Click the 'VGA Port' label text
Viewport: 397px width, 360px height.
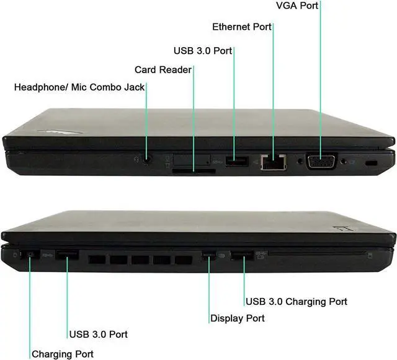[297, 6]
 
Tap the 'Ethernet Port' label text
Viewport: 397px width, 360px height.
[242, 27]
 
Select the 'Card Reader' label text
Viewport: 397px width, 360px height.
[163, 69]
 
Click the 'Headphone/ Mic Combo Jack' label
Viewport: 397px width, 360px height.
[79, 87]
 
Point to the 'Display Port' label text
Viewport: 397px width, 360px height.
[238, 318]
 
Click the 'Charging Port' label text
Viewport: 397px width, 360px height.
[63, 354]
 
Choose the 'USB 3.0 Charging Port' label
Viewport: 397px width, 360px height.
[296, 302]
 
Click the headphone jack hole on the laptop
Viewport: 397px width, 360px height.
[147, 159]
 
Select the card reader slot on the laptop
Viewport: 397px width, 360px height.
[194, 167]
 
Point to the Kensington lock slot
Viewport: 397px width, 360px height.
[372, 162]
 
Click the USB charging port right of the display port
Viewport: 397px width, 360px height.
[243, 254]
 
